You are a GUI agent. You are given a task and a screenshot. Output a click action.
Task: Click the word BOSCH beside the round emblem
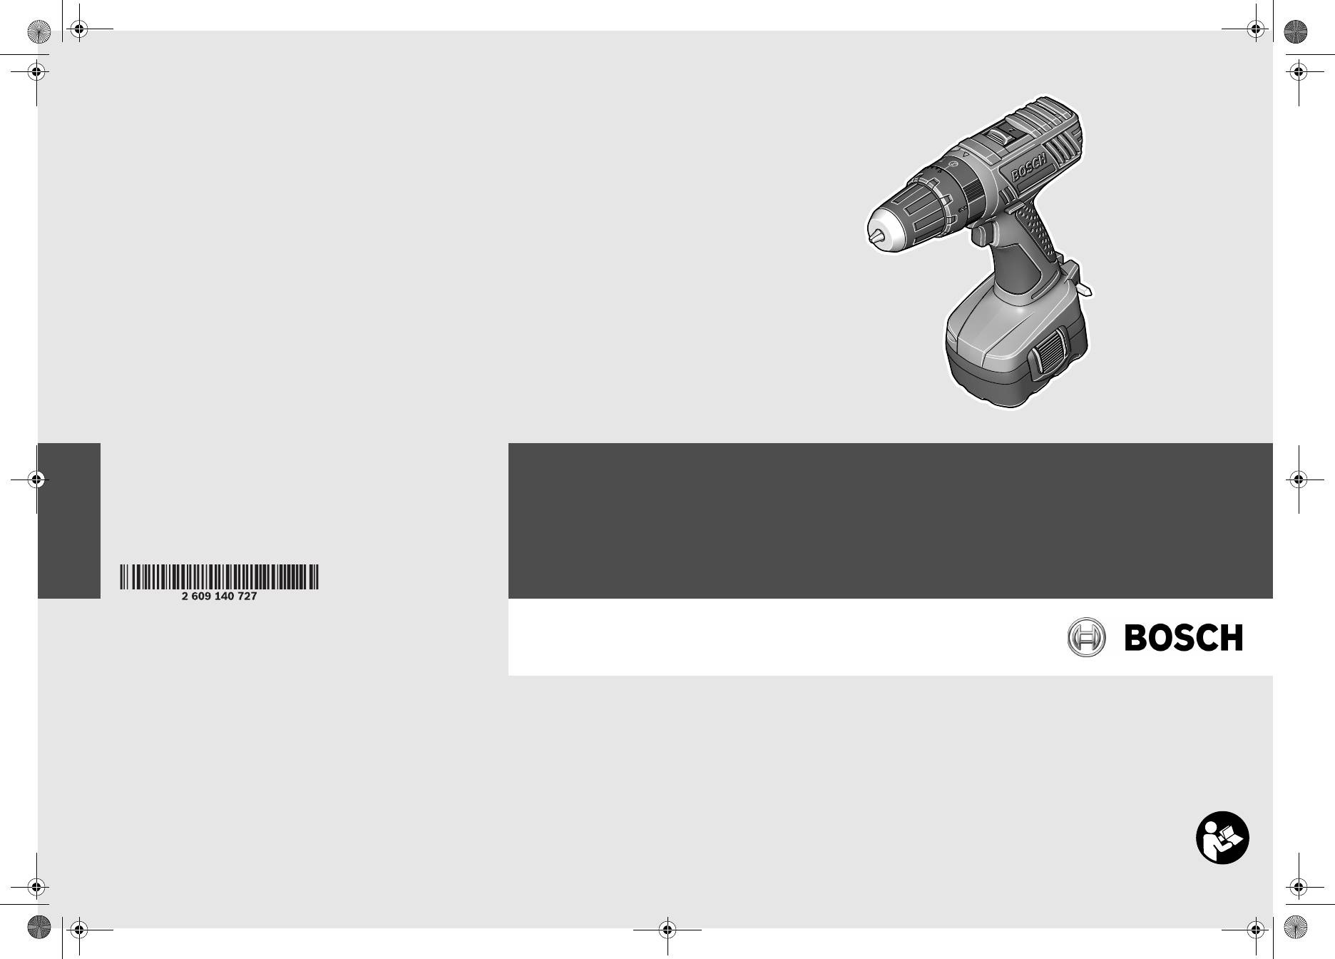[x=1184, y=637]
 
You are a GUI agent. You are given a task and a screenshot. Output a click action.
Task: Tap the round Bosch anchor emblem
[x=1086, y=637]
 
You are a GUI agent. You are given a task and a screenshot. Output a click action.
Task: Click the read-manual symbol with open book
[x=1222, y=837]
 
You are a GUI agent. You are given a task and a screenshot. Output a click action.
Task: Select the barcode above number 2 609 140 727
[x=219, y=577]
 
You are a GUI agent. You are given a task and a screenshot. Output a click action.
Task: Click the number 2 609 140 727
[x=219, y=596]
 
